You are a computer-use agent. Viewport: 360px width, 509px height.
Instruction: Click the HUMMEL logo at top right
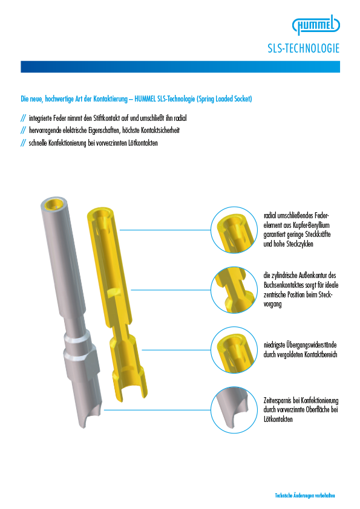[x=316, y=25]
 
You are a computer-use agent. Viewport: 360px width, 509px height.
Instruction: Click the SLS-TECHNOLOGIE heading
[x=304, y=48]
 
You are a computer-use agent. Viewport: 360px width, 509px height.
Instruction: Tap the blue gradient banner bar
[x=180, y=66]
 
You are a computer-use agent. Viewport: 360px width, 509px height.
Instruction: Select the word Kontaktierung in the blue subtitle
[x=110, y=99]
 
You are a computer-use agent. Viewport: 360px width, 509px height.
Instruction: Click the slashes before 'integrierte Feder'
[x=23, y=118]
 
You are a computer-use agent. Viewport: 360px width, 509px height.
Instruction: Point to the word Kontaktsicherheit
[x=160, y=130]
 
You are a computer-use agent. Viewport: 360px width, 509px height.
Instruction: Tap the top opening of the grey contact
[x=54, y=203]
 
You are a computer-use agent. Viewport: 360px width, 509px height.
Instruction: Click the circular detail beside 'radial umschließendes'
[x=234, y=230]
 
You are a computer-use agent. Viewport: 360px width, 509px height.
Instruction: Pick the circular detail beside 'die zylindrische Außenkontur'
[x=234, y=290]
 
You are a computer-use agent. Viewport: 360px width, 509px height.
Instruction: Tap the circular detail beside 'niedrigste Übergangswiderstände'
[x=234, y=350]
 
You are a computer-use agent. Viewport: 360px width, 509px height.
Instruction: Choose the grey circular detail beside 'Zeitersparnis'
[x=234, y=410]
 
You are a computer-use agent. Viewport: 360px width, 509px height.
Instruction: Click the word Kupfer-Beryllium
[x=311, y=225]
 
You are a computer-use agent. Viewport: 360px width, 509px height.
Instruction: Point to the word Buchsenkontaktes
[x=283, y=285]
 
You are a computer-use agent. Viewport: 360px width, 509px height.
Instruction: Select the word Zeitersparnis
[x=277, y=400]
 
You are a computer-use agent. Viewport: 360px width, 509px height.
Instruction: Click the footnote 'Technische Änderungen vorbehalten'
[x=305, y=495]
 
